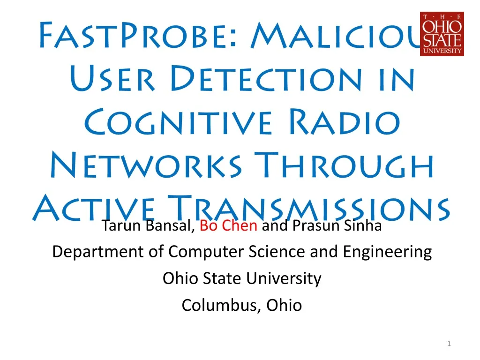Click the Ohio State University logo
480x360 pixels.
tap(442, 34)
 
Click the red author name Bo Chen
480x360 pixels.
tap(228, 226)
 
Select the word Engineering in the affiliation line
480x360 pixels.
tap(387, 252)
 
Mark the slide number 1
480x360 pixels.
tap(449, 345)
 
